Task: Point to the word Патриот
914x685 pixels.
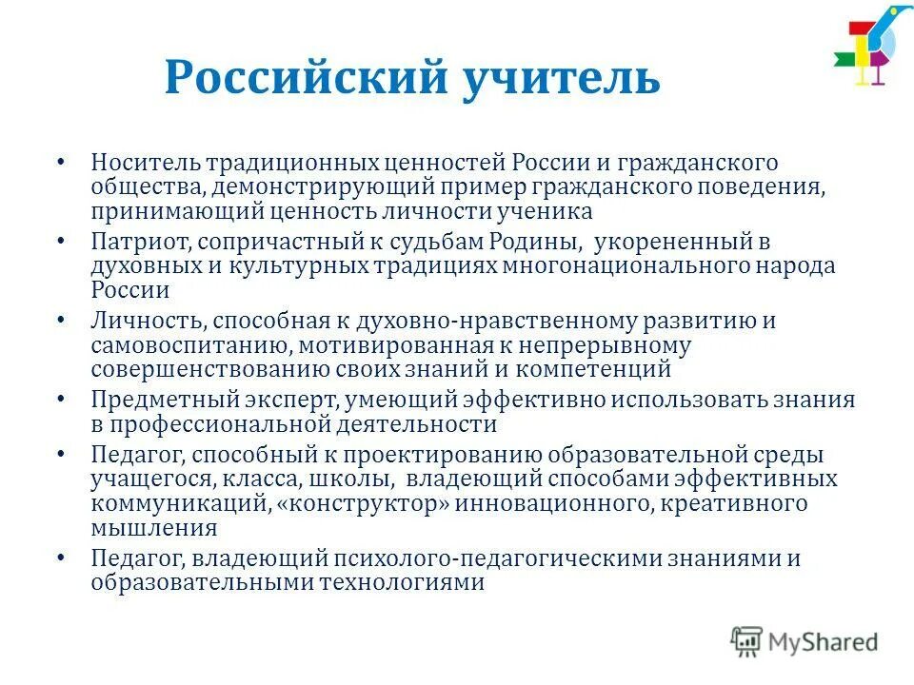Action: pos(135,242)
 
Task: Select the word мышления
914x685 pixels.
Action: pos(155,526)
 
